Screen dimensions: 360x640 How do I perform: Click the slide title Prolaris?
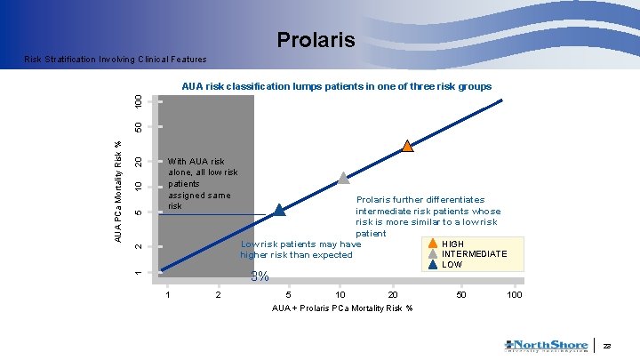pos(316,40)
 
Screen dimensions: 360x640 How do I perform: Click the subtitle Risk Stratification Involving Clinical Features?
pos(116,60)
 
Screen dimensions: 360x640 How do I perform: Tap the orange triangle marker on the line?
pos(406,146)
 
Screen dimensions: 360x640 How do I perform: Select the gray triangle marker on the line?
pos(343,178)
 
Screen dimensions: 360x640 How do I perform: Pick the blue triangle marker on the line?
pos(279,210)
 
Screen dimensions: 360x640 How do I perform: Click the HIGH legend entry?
pos(452,244)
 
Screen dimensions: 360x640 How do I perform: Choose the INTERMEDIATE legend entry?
pos(474,254)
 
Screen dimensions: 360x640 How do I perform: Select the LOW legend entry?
pos(452,265)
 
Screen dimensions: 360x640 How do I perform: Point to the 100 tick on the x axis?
pos(514,294)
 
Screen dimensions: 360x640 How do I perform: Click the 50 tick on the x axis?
pos(460,294)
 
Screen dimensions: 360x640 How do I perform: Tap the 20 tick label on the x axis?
pos(392,294)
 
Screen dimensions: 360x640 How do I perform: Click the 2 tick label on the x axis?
pos(218,294)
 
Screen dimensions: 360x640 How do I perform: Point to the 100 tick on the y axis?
pos(138,101)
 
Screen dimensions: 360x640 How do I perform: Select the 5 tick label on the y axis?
pos(138,212)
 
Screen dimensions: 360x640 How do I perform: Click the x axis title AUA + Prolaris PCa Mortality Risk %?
pos(342,308)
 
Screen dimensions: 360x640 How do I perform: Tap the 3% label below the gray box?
pos(260,276)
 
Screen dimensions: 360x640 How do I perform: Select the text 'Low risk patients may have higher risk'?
pos(300,249)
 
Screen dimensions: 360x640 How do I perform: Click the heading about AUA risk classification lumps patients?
pos(336,87)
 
